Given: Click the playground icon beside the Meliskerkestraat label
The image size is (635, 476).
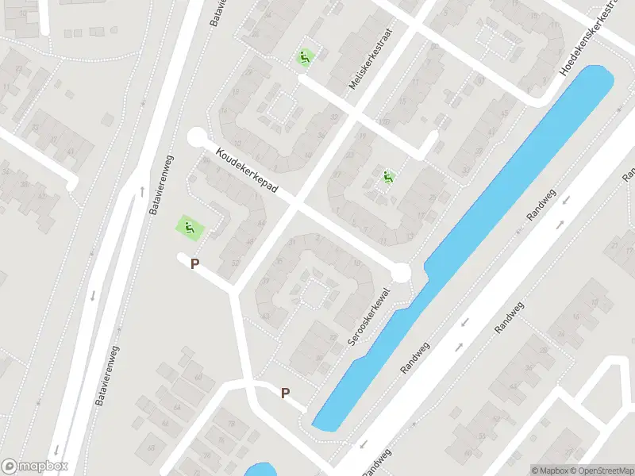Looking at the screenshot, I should (305, 58).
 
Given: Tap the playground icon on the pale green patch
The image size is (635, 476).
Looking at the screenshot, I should (190, 228).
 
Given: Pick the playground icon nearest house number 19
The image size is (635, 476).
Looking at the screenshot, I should (388, 178).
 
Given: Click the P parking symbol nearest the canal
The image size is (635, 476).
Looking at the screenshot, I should (285, 393).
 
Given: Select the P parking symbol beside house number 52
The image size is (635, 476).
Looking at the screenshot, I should (194, 263).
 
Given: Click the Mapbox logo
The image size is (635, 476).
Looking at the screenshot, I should (35, 466).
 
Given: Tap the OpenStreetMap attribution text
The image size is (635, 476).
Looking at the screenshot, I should (602, 470).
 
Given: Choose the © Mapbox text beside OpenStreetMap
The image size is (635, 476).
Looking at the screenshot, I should (551, 470).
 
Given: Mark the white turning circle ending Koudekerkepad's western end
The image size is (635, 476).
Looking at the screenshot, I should (196, 138).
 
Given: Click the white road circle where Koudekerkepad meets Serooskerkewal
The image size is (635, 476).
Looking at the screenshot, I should (401, 274).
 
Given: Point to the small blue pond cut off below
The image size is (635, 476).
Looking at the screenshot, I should (259, 470).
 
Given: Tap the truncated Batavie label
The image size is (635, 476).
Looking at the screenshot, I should (215, 13).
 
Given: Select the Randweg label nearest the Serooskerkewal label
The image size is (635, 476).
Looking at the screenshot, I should (414, 358).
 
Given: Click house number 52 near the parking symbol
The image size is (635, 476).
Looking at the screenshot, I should (235, 262).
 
